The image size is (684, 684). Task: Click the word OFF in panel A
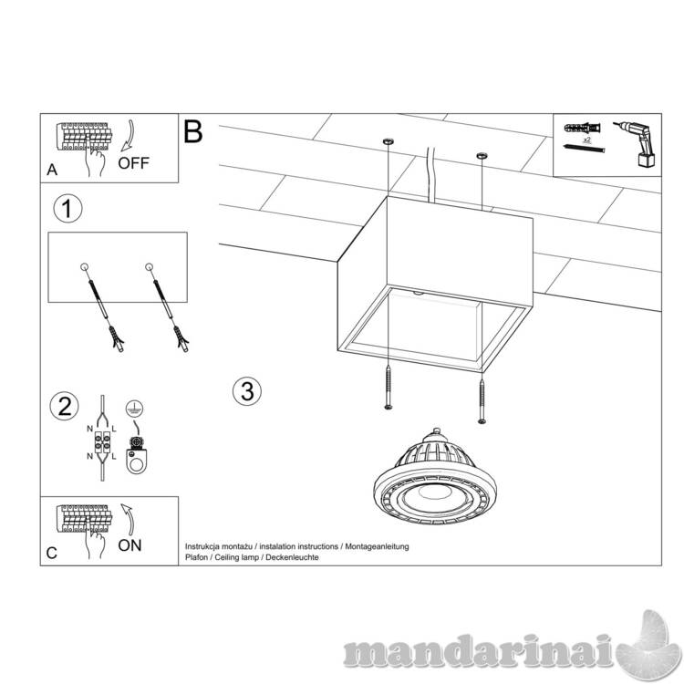point(133,163)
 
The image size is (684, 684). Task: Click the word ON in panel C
point(130,545)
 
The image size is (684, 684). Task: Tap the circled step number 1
point(67,209)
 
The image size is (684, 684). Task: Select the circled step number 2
point(65,407)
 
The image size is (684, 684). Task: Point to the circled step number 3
point(247,390)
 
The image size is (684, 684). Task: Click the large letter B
point(193,131)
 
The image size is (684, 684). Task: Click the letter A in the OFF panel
point(52,170)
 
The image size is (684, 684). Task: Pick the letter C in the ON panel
point(51,553)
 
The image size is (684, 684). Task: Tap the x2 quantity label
point(586,140)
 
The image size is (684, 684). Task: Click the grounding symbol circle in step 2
point(134,409)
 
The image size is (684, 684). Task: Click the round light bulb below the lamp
point(435,478)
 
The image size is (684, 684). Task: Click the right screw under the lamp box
point(482,401)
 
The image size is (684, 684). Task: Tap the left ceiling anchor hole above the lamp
point(389,141)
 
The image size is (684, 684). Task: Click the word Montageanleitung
point(377,546)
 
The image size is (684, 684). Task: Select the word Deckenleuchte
point(292,557)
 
